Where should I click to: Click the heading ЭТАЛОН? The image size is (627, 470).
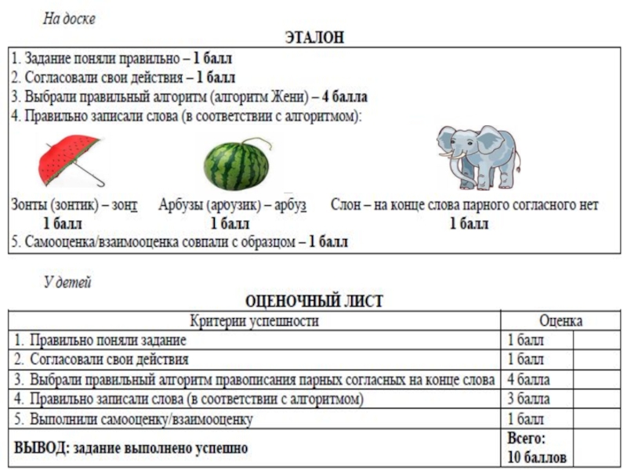313,38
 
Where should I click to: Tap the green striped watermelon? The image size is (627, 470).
236,164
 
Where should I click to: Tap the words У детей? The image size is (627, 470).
67,283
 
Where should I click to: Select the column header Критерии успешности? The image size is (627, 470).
255,320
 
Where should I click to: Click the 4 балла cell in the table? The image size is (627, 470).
527,380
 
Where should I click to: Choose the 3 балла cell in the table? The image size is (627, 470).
527,399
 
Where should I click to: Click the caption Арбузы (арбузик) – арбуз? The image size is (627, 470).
233,205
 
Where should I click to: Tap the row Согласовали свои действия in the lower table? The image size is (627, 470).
110,360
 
